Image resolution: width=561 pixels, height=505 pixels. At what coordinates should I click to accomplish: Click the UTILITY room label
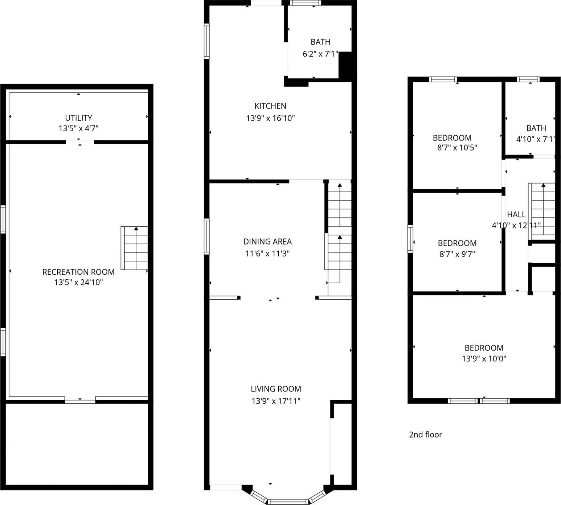[x=78, y=118]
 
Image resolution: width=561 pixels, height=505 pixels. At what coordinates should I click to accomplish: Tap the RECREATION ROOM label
[x=78, y=272]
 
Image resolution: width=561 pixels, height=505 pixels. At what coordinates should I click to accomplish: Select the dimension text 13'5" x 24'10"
[x=78, y=282]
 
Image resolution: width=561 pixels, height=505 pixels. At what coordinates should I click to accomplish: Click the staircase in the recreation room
[x=135, y=248]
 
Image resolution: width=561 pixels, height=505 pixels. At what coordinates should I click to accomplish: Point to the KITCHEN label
[x=270, y=106]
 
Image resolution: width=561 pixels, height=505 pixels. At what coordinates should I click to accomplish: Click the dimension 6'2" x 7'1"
[x=320, y=54]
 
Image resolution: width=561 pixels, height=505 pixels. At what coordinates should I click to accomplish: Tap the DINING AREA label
[x=267, y=242]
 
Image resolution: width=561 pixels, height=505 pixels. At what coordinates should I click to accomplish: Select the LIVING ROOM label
[x=276, y=389]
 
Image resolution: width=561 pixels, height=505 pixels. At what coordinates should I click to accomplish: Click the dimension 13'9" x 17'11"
[x=276, y=401]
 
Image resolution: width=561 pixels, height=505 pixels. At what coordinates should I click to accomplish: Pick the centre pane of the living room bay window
[x=288, y=502]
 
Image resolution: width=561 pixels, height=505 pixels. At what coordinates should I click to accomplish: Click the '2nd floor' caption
[x=425, y=435]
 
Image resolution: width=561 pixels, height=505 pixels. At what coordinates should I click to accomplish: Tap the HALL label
[x=516, y=214]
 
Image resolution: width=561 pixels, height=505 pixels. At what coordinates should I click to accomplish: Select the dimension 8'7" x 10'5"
[x=457, y=148]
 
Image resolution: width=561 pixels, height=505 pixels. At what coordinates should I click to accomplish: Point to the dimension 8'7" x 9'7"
[x=457, y=254]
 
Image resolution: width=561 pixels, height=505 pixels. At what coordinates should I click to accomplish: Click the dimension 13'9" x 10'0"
[x=484, y=359]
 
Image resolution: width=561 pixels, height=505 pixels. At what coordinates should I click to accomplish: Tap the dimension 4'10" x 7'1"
[x=536, y=139]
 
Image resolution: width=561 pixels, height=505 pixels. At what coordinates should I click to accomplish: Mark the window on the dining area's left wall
[x=206, y=236]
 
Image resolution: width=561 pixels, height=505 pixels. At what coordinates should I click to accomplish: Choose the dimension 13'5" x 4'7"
[x=78, y=128]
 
